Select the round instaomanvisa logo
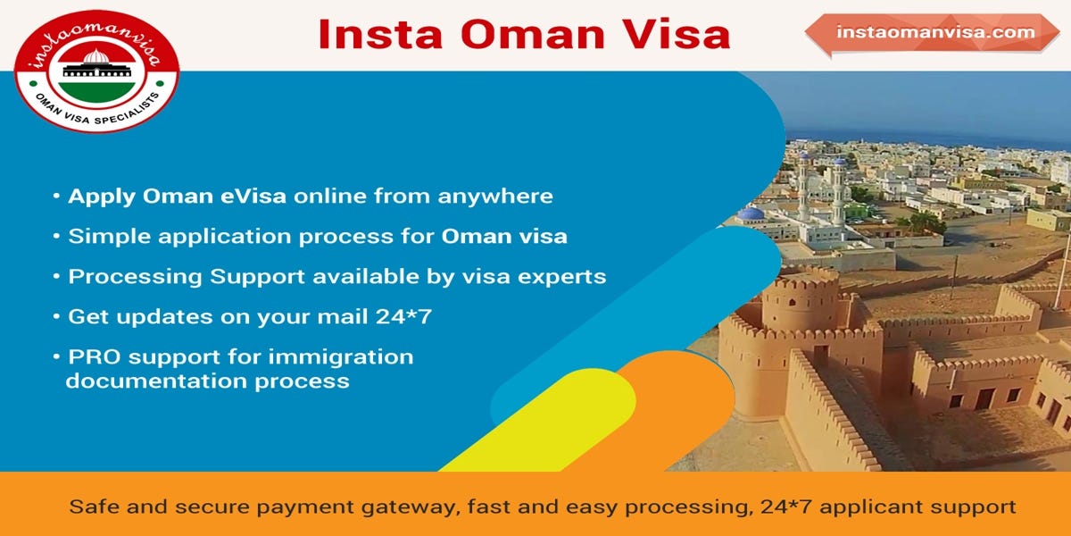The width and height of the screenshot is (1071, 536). tap(96, 71)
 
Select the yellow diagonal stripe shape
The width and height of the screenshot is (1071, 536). tap(544, 420)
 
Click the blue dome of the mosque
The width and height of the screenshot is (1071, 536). tap(751, 214)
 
